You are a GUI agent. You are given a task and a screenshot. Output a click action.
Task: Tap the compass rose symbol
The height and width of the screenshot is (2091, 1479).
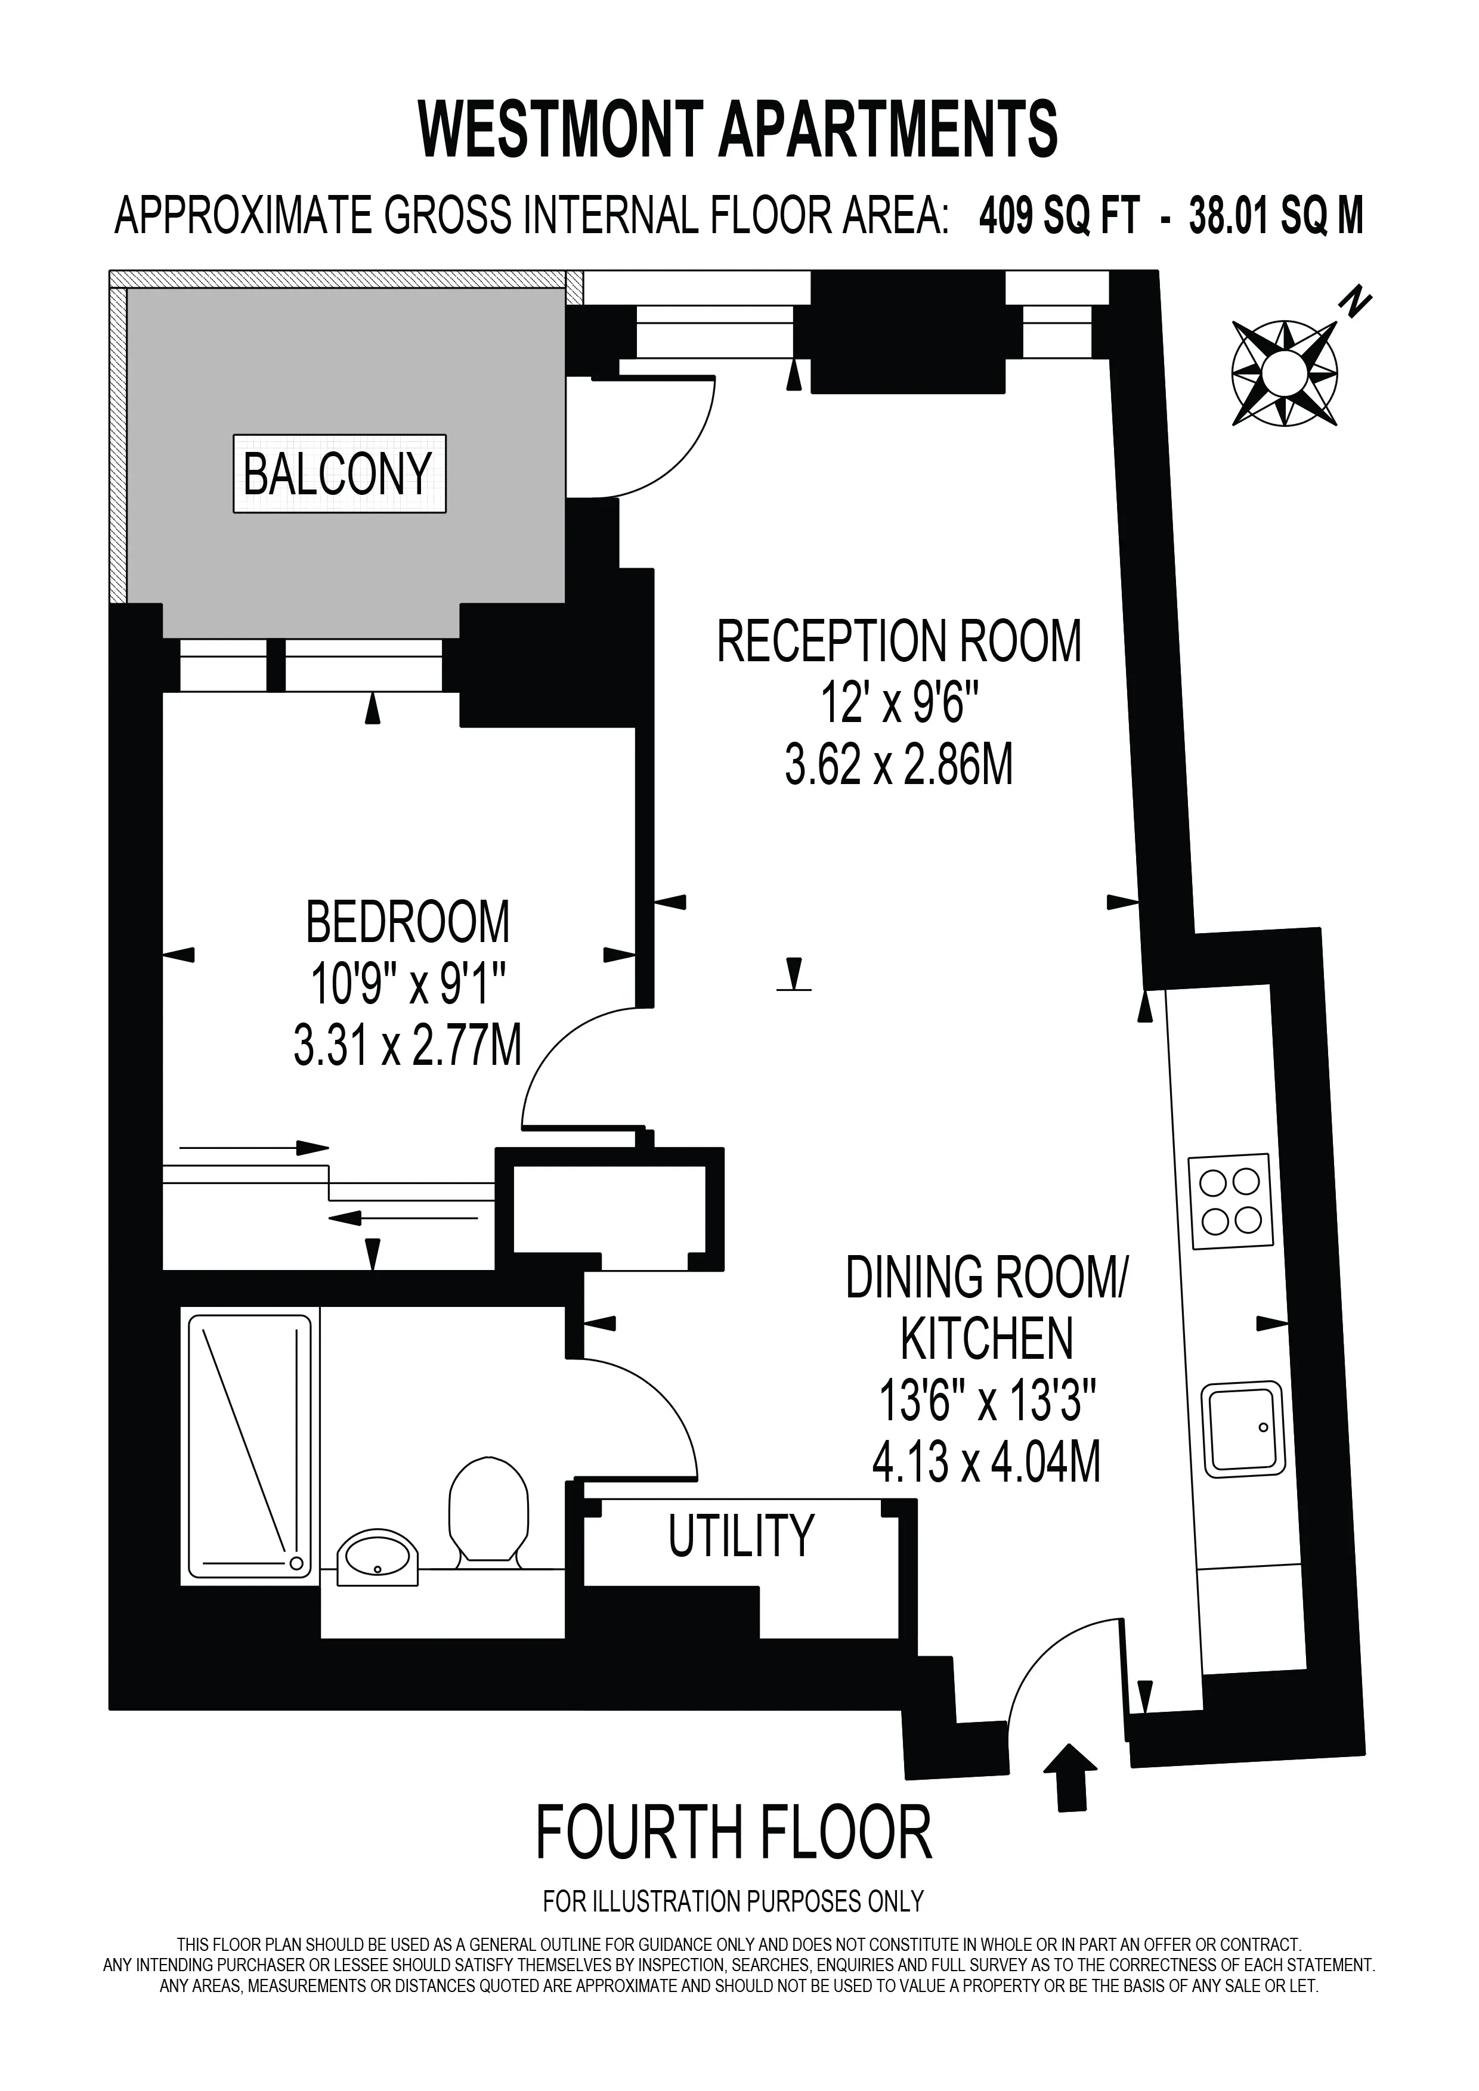pyautogui.click(x=1285, y=373)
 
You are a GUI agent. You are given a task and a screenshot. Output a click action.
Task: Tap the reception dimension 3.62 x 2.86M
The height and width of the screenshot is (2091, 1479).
pyautogui.click(x=899, y=764)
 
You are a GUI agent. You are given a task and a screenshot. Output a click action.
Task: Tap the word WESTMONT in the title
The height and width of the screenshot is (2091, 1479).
pyautogui.click(x=560, y=129)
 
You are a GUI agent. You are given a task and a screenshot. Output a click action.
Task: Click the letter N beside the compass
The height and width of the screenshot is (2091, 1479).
pyautogui.click(x=1357, y=302)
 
